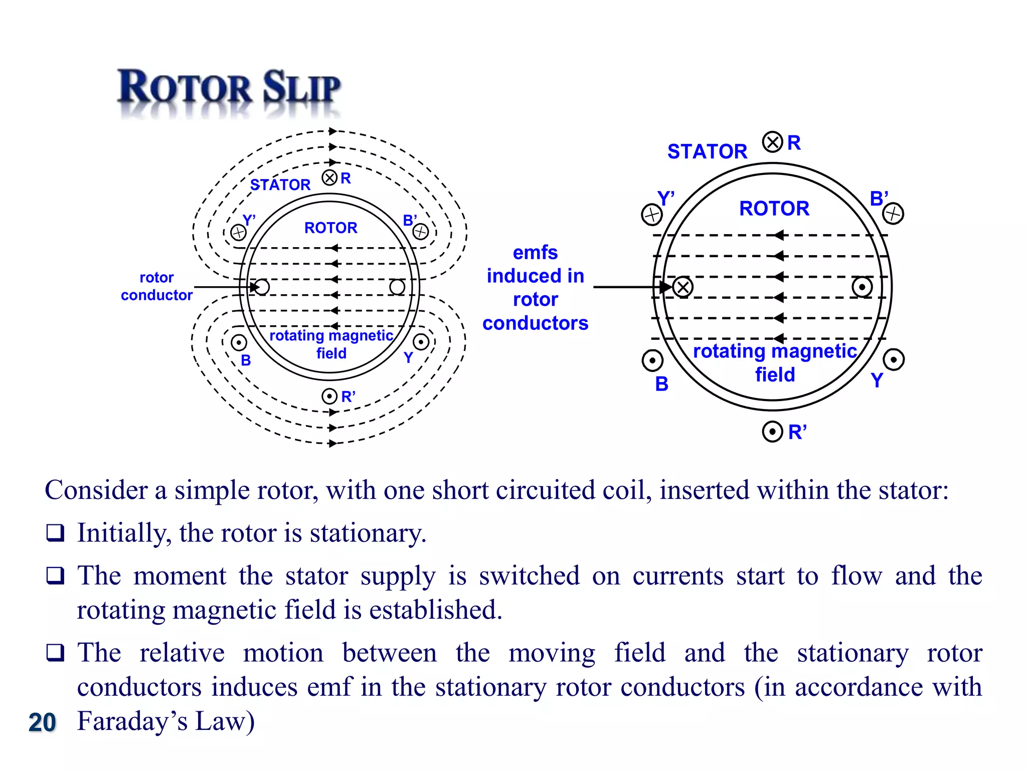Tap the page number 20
coord(42,722)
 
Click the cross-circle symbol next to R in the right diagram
coord(772,142)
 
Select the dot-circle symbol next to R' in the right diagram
coord(772,432)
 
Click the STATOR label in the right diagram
coord(707,151)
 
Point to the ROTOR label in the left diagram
coord(330,228)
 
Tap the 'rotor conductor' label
coord(156,286)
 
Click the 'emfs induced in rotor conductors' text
coord(535,288)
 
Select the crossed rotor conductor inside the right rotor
coord(682,287)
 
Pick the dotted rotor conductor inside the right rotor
coord(862,287)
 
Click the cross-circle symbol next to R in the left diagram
coord(329,178)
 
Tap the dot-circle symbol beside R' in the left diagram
coord(329,397)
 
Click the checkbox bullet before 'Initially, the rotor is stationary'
coord(55,532)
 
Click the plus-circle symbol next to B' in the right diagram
coord(893,214)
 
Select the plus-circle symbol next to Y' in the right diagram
coord(652,215)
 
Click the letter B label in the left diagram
coord(246,360)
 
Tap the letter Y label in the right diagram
coord(877,380)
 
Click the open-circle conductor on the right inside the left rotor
coord(397,287)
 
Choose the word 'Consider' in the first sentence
coord(96,490)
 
